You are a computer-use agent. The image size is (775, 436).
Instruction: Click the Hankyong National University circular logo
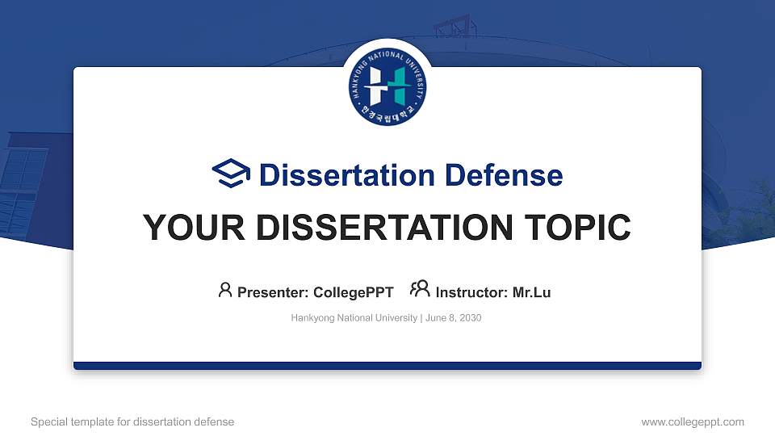387,85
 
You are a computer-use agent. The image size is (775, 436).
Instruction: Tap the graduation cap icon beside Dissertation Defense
232,174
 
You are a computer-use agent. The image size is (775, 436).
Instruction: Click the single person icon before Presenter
225,290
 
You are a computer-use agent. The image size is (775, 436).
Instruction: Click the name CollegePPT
353,292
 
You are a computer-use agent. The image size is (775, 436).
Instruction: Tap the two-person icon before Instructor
420,290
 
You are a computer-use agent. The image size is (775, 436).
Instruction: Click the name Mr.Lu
532,292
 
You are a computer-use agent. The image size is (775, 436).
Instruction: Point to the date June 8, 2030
453,318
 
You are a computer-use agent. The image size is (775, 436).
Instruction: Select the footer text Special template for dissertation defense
132,421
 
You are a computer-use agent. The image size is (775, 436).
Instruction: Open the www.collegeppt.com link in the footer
693,421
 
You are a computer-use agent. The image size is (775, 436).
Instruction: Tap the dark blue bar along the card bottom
387,366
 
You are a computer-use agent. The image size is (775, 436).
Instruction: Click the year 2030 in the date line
469,318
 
